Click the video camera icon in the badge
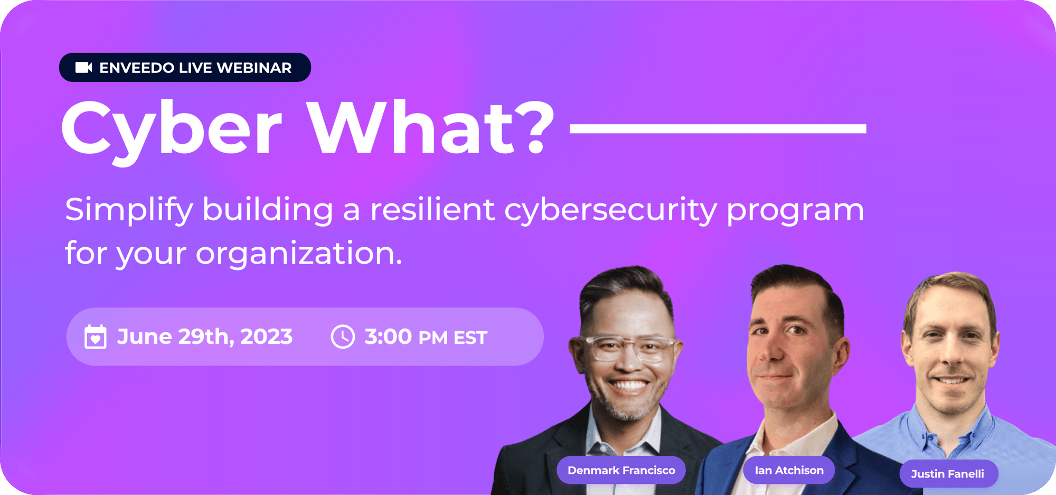point(83,68)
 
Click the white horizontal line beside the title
point(718,128)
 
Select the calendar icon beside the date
point(96,337)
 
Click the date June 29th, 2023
point(205,337)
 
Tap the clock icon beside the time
point(343,337)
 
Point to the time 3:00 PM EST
point(426,337)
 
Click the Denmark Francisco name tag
point(621,470)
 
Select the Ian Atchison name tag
point(789,470)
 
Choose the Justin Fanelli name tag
point(948,474)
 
